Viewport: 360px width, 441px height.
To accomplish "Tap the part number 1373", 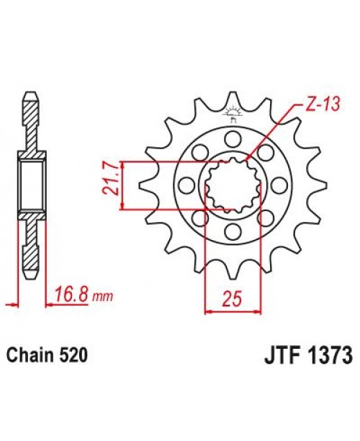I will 328,356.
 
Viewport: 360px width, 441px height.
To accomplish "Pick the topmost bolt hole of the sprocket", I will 233,138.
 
